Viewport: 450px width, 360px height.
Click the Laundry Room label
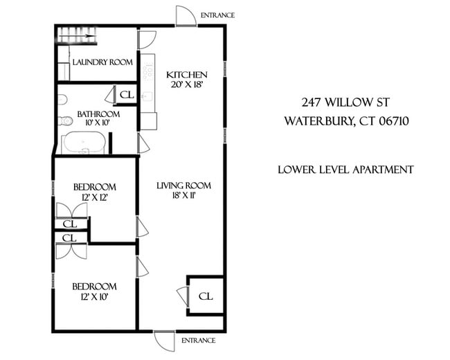[102, 62]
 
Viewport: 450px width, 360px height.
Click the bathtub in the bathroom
[83, 144]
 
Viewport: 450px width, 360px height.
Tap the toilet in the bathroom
[66, 120]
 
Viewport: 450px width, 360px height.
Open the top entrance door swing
[186, 17]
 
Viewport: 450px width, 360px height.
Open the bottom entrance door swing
[165, 341]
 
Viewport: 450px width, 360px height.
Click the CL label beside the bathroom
[127, 95]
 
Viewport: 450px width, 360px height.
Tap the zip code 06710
[392, 121]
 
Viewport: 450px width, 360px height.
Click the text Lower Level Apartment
[345, 170]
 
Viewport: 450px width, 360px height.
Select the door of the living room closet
[182, 296]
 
